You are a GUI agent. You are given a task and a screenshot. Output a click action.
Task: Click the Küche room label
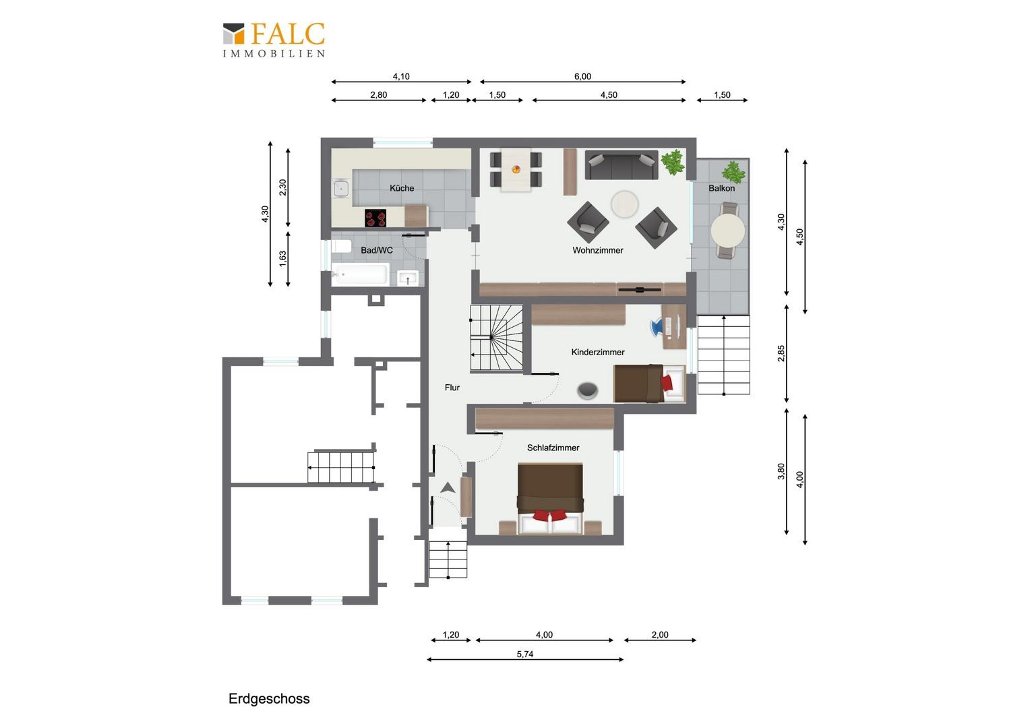coord(402,188)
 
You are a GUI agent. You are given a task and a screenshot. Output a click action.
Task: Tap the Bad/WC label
coord(377,250)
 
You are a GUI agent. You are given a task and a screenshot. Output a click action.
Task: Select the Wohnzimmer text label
coord(598,250)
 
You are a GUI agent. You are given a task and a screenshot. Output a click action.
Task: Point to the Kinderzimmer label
coord(598,353)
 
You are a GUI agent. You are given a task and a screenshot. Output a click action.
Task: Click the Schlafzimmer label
coord(553,448)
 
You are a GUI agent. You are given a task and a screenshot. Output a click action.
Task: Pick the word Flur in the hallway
coord(452,388)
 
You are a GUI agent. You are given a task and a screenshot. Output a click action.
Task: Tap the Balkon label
coord(721,188)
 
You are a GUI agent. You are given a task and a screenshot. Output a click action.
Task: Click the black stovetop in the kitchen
coord(375,218)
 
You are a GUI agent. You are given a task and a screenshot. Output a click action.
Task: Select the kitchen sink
coord(341,188)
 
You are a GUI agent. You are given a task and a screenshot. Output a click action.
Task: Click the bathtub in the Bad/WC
coord(361,274)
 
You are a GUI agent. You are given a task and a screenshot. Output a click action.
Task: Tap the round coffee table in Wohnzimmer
coord(624,204)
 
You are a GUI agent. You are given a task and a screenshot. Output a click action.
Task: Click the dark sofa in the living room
coord(622,164)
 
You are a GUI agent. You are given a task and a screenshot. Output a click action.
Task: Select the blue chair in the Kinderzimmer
coord(656,327)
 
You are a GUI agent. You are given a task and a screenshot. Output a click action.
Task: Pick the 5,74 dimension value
coord(524,654)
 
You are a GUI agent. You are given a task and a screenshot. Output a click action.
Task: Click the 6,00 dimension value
coord(582,76)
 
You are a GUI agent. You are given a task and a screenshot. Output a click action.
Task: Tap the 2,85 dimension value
coord(781,353)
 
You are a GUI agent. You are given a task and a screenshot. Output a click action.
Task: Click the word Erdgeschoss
coord(269,699)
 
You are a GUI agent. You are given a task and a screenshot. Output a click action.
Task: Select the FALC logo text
coord(288,34)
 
